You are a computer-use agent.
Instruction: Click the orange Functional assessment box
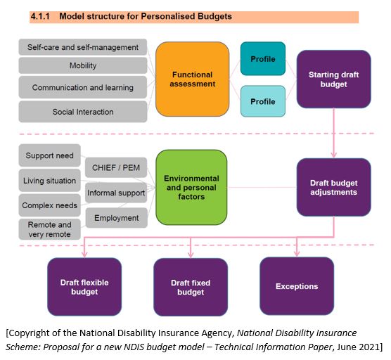click(192, 79)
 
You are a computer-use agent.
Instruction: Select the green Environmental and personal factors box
click(191, 187)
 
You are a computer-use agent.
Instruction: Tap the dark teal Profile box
click(263, 58)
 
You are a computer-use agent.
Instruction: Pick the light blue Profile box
click(263, 101)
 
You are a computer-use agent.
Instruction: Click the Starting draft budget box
click(333, 79)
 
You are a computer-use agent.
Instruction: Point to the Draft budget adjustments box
click(333, 187)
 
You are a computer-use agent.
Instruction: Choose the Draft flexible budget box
click(84, 287)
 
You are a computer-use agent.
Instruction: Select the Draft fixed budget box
click(191, 287)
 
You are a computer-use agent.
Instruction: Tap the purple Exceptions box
click(297, 286)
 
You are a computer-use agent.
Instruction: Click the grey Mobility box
click(83, 65)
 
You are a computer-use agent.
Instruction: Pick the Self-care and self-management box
click(83, 47)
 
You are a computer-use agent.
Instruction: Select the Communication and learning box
click(83, 87)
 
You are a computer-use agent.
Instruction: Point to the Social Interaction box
click(83, 112)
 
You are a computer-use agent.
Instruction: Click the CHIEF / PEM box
click(116, 167)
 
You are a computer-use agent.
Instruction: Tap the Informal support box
click(116, 193)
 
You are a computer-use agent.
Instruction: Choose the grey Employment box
click(117, 218)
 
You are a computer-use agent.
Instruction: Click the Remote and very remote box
click(50, 229)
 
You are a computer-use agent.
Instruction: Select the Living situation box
click(50, 181)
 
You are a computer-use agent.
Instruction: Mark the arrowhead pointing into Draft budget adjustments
click(333, 155)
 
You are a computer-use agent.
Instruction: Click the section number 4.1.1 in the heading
click(40, 16)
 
